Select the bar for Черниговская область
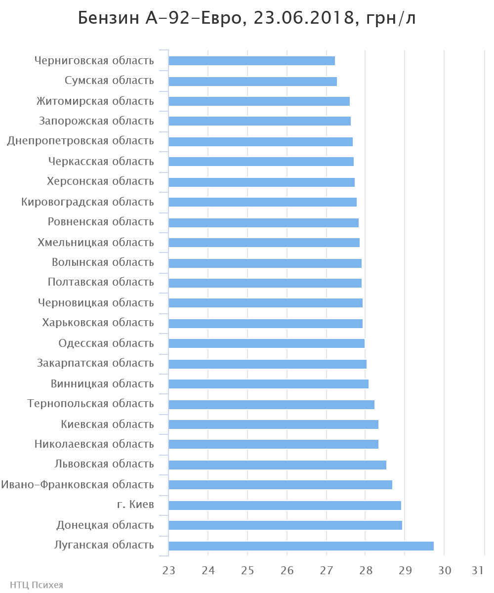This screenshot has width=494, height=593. (x=251, y=61)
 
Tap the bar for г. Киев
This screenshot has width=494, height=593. (x=285, y=506)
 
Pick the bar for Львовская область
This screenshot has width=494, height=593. (x=277, y=465)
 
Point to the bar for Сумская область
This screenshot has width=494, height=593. (x=252, y=82)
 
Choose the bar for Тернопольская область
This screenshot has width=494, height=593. (x=271, y=405)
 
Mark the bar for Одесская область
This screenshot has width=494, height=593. (x=266, y=343)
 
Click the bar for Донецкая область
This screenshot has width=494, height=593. (x=285, y=525)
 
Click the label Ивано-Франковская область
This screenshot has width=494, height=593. (x=78, y=485)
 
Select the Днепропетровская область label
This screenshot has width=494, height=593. (x=81, y=141)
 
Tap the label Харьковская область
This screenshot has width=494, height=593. (x=98, y=323)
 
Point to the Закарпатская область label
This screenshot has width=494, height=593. (x=95, y=363)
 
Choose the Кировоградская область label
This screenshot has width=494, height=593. (x=87, y=202)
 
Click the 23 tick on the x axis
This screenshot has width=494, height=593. (x=169, y=570)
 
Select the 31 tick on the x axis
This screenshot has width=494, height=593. (x=477, y=570)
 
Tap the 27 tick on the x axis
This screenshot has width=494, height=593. (x=327, y=570)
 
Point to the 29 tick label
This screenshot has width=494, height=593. (x=405, y=570)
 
